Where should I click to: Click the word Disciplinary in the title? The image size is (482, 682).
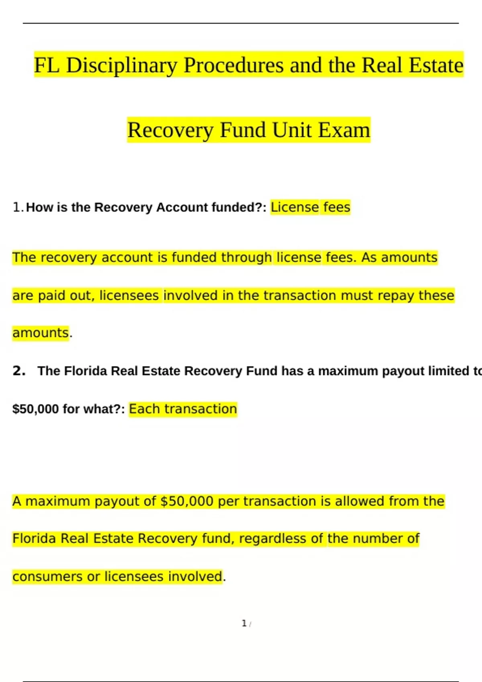(121, 65)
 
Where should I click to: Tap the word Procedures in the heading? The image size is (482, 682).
(233, 65)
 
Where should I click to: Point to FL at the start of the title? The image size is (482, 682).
(47, 65)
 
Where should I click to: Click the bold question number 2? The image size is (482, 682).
(19, 371)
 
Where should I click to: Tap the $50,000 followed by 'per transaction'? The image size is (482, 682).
(186, 501)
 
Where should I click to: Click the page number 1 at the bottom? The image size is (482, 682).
(244, 623)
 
